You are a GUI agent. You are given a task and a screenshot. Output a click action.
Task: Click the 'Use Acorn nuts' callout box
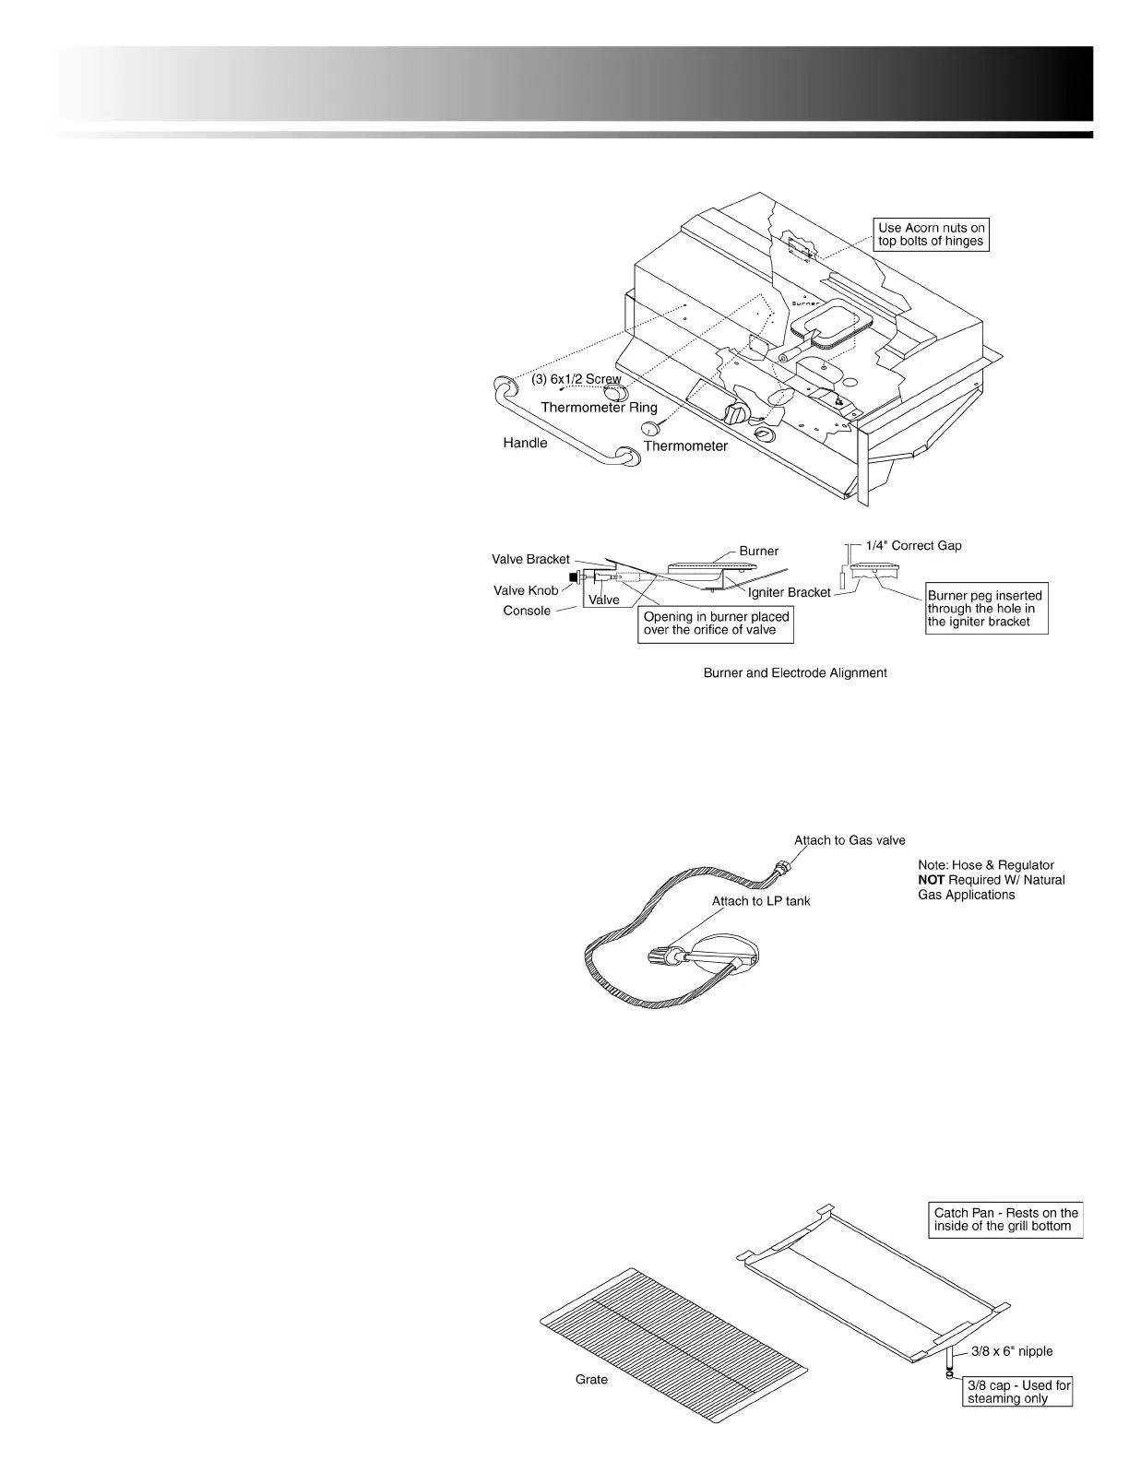[931, 234]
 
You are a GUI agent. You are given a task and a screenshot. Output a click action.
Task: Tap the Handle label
[525, 444]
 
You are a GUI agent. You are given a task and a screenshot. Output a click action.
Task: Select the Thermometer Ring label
[599, 408]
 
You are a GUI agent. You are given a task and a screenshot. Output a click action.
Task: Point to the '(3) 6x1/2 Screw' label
[576, 380]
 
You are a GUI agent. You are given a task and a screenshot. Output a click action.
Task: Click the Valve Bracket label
[530, 559]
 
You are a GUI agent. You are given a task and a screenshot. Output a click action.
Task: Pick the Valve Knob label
[526, 590]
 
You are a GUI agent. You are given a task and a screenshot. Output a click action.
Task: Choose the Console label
[527, 611]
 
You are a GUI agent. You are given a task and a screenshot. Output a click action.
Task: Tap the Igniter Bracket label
[790, 592]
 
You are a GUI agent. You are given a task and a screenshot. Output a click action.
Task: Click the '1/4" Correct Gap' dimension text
[913, 545]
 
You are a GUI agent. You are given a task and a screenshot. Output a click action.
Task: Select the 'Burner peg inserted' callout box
[986, 609]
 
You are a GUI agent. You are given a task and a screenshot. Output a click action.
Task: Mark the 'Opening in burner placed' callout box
[716, 624]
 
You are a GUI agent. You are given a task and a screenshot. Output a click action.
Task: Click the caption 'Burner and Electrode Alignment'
[795, 673]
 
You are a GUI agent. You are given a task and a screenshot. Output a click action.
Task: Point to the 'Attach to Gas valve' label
[850, 840]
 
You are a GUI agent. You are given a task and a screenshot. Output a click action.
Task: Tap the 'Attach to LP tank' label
[761, 900]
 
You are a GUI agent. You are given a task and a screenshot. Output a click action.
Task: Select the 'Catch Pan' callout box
[1005, 1219]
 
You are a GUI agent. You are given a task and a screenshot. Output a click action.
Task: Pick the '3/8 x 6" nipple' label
[1011, 1351]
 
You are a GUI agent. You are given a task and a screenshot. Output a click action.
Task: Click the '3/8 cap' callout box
[1018, 1392]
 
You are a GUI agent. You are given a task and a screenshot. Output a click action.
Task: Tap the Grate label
[591, 1380]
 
